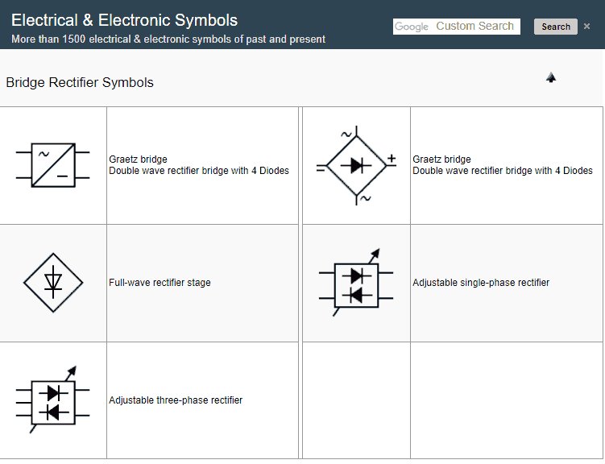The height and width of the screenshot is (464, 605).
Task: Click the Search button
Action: (x=555, y=27)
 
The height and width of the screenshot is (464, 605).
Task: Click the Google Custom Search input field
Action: (x=457, y=27)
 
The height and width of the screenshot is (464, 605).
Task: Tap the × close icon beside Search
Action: (x=588, y=27)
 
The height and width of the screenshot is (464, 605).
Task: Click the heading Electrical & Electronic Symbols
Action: (x=124, y=20)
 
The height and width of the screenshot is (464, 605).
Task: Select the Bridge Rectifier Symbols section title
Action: (x=80, y=82)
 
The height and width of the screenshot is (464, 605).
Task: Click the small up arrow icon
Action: (x=551, y=77)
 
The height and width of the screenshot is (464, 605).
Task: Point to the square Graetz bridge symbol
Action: (x=53, y=165)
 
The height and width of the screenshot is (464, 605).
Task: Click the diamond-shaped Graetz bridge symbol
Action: (x=356, y=166)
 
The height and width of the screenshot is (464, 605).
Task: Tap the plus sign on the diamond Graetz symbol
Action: (x=392, y=159)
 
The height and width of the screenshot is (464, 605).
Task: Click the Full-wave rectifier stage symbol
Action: (x=53, y=282)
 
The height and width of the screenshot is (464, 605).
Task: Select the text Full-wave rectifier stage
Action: (x=160, y=283)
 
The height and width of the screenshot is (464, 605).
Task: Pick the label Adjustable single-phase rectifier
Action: (x=481, y=283)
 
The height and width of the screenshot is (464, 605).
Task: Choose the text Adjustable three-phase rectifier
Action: (x=176, y=400)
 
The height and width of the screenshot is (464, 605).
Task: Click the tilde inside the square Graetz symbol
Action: (x=43, y=153)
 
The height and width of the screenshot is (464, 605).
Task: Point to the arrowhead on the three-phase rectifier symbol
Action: (x=73, y=371)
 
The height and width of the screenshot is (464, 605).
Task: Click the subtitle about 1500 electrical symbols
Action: (x=168, y=39)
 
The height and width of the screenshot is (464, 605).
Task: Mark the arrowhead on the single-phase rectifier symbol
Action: (x=375, y=251)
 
